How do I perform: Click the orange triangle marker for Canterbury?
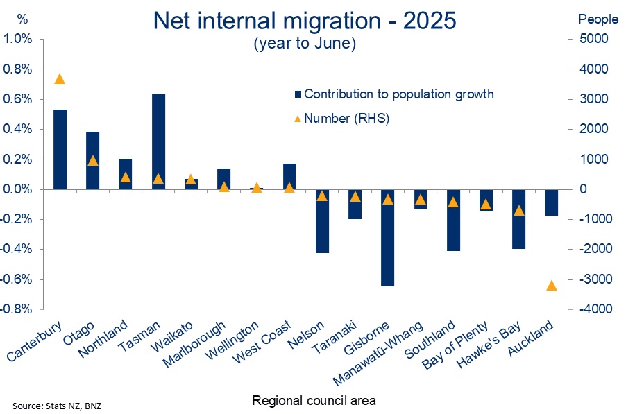tap(60, 79)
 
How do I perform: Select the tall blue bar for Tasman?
tap(158, 141)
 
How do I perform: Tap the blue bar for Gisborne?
tap(387, 238)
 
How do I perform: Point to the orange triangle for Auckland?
tap(552, 285)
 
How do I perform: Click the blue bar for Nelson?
tap(323, 221)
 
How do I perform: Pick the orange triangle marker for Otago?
tap(93, 161)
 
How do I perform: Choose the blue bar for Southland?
tap(454, 220)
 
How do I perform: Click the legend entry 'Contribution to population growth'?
tap(394, 94)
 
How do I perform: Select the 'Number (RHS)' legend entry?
tap(342, 118)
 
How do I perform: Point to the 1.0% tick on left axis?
tap(17, 39)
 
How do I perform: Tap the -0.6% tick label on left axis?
tap(16, 279)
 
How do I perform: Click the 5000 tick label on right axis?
tap(593, 39)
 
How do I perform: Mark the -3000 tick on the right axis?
tap(593, 279)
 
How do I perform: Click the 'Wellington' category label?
tap(232, 340)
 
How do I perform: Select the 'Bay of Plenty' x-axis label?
tap(455, 345)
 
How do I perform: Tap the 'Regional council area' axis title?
tap(314, 400)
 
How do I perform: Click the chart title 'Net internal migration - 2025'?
tap(305, 20)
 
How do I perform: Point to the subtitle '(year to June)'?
tap(305, 43)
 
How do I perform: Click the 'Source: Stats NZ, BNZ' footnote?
tap(57, 406)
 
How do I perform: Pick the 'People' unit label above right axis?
tap(598, 19)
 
